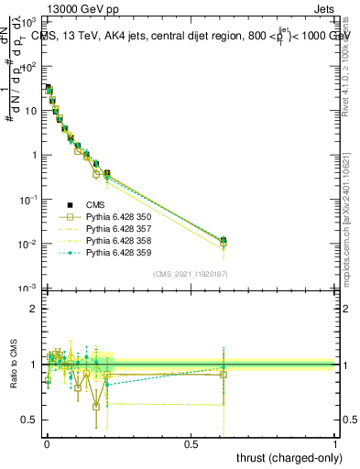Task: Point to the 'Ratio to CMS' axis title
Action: click(x=13, y=364)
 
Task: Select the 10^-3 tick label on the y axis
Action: click(x=27, y=289)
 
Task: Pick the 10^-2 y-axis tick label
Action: click(x=27, y=245)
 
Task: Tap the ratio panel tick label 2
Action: click(x=34, y=309)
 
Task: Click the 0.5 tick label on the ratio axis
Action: click(x=29, y=421)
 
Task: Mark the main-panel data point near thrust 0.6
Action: click(x=223, y=241)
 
